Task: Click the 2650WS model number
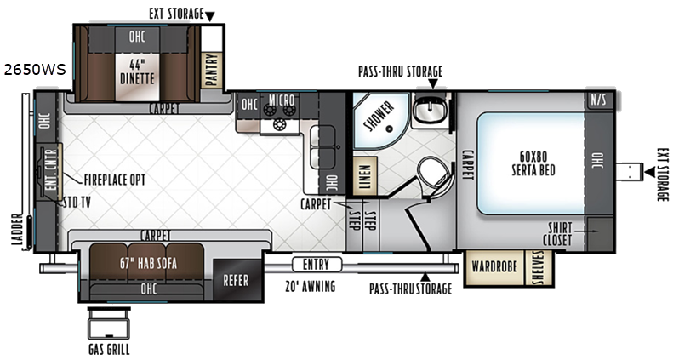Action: point(35,70)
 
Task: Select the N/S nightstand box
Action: point(599,100)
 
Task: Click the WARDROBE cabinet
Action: point(494,266)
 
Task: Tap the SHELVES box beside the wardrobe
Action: point(539,267)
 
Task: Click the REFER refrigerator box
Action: point(236,280)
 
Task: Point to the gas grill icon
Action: point(109,325)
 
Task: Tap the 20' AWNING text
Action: point(310,286)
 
